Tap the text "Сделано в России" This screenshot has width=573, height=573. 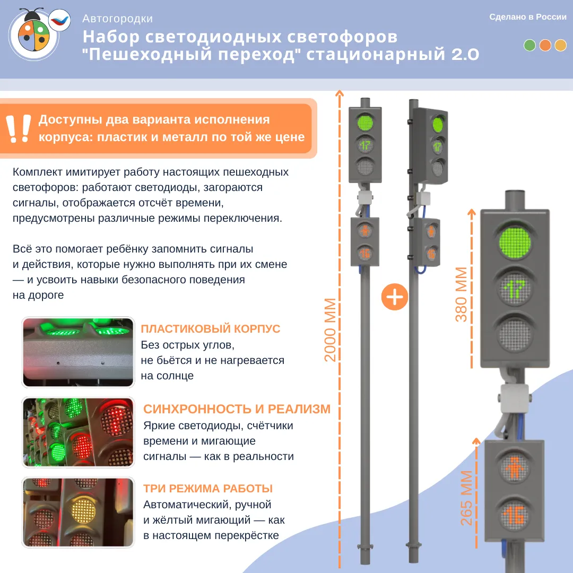(x=528, y=17)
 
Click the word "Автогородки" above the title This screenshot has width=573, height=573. (x=117, y=19)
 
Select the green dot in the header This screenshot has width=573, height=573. (x=529, y=45)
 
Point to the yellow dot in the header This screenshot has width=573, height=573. (x=560, y=45)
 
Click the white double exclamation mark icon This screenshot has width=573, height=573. (x=18, y=128)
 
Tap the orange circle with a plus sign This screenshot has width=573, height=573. (x=394, y=297)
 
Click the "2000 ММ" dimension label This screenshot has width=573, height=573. (x=330, y=329)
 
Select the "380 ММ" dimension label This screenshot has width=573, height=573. (x=461, y=294)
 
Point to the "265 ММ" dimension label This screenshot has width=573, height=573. (x=466, y=498)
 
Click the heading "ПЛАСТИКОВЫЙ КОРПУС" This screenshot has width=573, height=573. (x=211, y=328)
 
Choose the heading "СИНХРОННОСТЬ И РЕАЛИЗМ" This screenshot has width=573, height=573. (x=237, y=409)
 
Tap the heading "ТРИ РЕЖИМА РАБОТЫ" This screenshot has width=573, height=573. (x=208, y=488)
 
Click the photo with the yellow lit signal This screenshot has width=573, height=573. (x=78, y=513)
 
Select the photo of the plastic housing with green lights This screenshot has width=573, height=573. (x=78, y=352)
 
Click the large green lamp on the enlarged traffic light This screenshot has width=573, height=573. (x=515, y=242)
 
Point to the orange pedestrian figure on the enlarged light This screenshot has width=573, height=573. (x=515, y=468)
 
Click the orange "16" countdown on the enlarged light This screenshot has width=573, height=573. (x=514, y=516)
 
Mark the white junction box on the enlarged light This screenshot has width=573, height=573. (x=515, y=398)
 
